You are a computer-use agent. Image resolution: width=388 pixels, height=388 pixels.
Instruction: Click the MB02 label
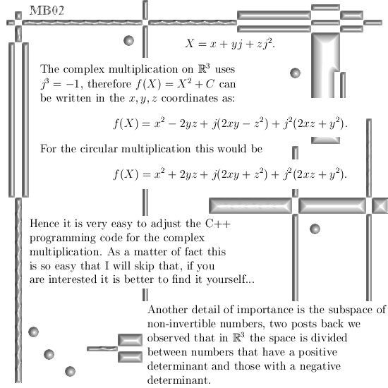point(47,11)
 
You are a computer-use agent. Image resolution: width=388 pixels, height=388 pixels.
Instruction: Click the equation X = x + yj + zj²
point(230,44)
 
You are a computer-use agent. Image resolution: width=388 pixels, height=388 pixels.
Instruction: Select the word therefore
point(109,84)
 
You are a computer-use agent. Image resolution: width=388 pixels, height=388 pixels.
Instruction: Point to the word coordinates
point(190,98)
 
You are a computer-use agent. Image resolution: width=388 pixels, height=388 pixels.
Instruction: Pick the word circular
point(99,149)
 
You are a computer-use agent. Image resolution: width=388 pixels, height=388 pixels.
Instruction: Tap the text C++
point(218,224)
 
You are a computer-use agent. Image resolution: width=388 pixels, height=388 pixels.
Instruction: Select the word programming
point(62,238)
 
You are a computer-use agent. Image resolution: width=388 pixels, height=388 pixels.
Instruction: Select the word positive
point(317,353)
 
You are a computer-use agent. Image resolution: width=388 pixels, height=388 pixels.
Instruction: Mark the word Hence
point(44,224)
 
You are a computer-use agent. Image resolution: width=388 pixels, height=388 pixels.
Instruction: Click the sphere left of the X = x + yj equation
point(128,40)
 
